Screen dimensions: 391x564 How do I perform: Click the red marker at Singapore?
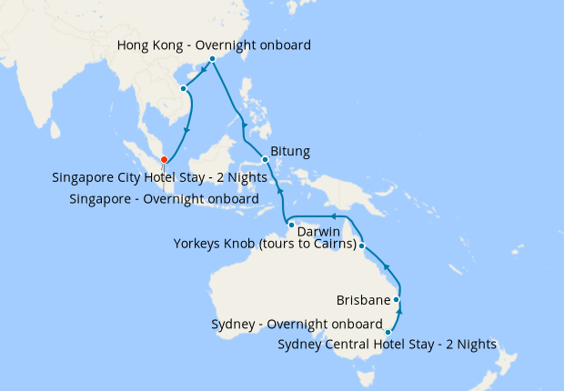(x=164, y=160)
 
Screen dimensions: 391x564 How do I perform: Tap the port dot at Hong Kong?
(x=213, y=59)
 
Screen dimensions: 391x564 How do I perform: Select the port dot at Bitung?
(x=265, y=160)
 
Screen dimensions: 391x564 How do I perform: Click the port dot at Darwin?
(x=290, y=224)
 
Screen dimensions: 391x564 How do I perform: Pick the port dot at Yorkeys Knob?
(x=362, y=246)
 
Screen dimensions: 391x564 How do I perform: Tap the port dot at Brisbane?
(x=397, y=298)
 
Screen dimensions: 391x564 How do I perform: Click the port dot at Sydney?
(x=388, y=332)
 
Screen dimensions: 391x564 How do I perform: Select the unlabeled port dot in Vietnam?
(x=184, y=88)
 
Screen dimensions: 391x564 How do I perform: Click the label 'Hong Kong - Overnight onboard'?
(x=215, y=45)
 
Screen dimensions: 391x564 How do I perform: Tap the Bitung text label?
(x=290, y=151)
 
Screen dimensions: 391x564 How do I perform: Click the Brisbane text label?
(x=363, y=299)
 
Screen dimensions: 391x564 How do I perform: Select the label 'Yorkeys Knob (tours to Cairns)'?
(x=264, y=244)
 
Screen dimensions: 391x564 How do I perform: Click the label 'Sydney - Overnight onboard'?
(x=297, y=324)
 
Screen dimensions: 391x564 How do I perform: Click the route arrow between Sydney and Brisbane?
(x=400, y=314)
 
